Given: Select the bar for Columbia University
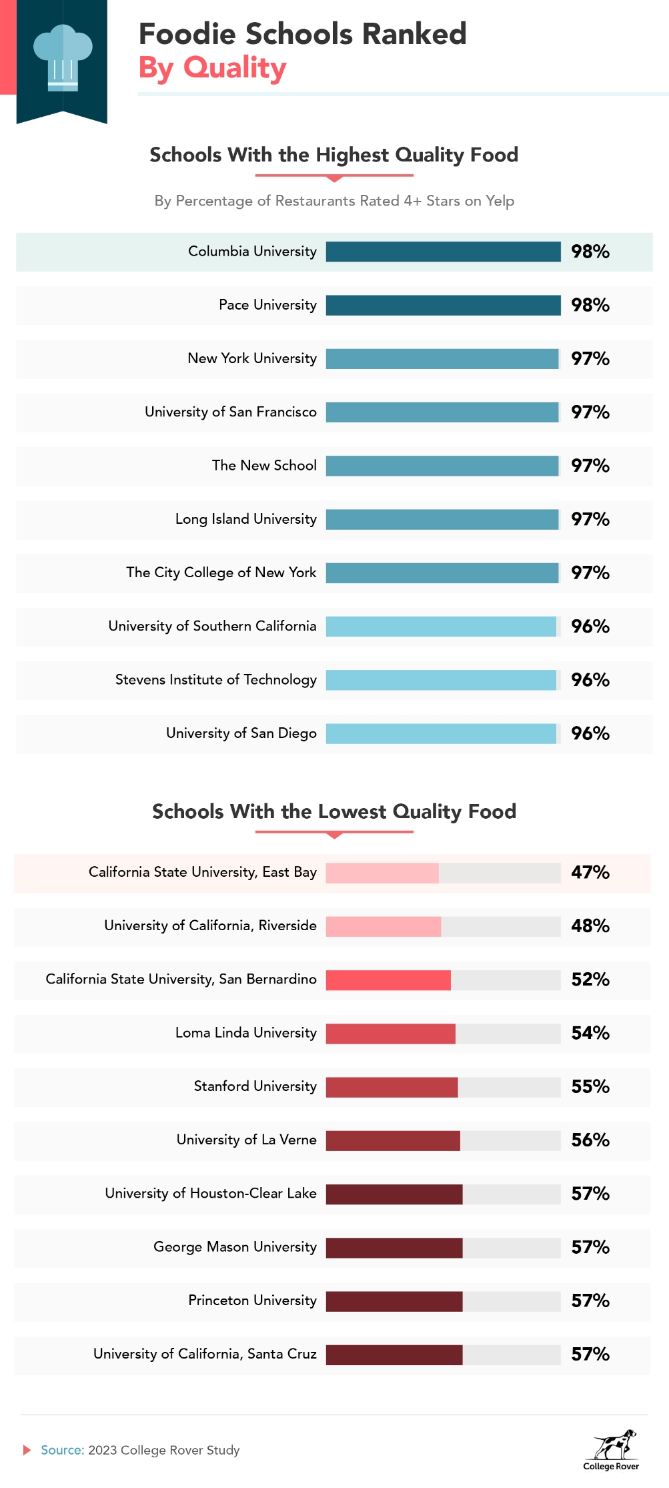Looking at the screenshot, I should click(x=443, y=252).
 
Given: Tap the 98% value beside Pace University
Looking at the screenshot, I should click(x=590, y=305).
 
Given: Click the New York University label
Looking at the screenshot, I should click(x=252, y=358).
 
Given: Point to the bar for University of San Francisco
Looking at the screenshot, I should click(x=442, y=412).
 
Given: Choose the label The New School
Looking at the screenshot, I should click(x=264, y=466).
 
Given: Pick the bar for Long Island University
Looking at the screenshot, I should click(x=442, y=519).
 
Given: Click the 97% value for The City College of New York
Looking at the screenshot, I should click(x=590, y=573).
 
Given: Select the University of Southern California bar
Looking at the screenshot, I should click(x=441, y=627).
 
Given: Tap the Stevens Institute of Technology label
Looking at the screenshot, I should click(x=216, y=680).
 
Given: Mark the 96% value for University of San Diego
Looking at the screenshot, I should click(x=590, y=733).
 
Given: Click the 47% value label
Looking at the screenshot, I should click(x=590, y=872).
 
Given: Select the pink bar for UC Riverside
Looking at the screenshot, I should click(x=384, y=926).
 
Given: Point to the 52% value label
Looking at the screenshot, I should click(x=590, y=980).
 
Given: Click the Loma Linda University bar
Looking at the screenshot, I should click(x=391, y=1034).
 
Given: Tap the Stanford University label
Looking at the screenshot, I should click(x=255, y=1086).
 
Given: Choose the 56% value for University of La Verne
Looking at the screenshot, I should click(x=590, y=1140).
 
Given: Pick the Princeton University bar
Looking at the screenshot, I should click(x=394, y=1301).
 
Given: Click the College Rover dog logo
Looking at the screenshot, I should click(x=614, y=1444).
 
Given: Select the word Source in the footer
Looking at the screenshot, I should click(x=62, y=1450).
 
